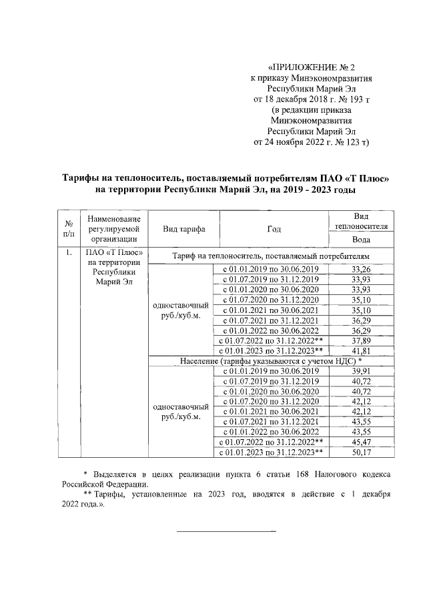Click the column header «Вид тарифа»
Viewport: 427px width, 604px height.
(x=183, y=229)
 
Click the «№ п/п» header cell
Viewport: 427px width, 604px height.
(x=68, y=229)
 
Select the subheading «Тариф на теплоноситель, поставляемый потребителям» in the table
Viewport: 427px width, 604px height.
(x=270, y=256)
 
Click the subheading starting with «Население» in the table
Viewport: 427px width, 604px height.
(x=270, y=360)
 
